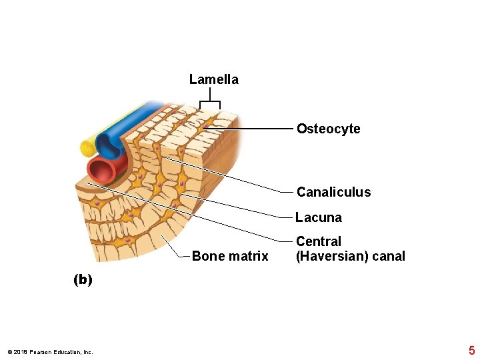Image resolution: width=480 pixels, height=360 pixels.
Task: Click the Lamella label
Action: pyautogui.click(x=213, y=80)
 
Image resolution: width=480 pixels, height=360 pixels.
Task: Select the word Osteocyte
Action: pyautogui.click(x=328, y=129)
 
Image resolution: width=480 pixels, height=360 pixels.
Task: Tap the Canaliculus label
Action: pyautogui.click(x=333, y=192)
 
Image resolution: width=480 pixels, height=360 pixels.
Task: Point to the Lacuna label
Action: pyautogui.click(x=319, y=217)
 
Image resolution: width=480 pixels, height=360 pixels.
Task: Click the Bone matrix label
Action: pyautogui.click(x=229, y=256)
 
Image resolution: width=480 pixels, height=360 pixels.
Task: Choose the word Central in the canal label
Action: pyautogui.click(x=318, y=241)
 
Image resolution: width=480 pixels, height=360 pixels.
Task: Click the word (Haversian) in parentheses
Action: pyautogui.click(x=329, y=257)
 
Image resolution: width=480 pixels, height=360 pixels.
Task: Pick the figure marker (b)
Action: pyautogui.click(x=83, y=280)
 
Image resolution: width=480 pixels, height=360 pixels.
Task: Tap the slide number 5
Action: pyautogui.click(x=471, y=351)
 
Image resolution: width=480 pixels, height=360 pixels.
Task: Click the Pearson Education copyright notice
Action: pyautogui.click(x=50, y=352)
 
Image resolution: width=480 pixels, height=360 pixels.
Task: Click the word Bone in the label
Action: pyautogui.click(x=206, y=256)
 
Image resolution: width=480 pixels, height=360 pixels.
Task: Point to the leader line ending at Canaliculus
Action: pyautogui.click(x=233, y=175)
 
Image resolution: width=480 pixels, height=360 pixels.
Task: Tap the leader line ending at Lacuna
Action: pyautogui.click(x=233, y=206)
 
